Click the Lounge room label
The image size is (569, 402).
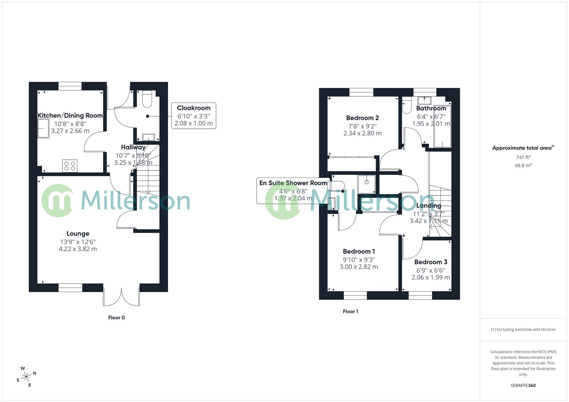pos(78,234)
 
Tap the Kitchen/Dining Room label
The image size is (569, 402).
pos(70,115)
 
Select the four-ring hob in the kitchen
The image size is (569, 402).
pos(70,166)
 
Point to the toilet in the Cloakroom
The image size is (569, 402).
pos(148,99)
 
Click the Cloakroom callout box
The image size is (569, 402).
pos(193,116)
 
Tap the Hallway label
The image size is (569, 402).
pos(133,147)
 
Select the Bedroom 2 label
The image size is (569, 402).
pos(362,118)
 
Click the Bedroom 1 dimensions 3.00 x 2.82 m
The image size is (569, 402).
pos(359,267)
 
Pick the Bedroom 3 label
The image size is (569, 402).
pos(430,262)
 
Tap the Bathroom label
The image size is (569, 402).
pos(431,108)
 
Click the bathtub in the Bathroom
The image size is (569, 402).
pos(442,127)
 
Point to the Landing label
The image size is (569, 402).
pos(429,205)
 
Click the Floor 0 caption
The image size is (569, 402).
pos(116,318)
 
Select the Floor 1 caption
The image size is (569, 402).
pos(350,312)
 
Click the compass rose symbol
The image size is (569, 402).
pos(26,377)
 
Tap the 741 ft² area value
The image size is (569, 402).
pos(523,157)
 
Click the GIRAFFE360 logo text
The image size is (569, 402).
pos(523,386)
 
